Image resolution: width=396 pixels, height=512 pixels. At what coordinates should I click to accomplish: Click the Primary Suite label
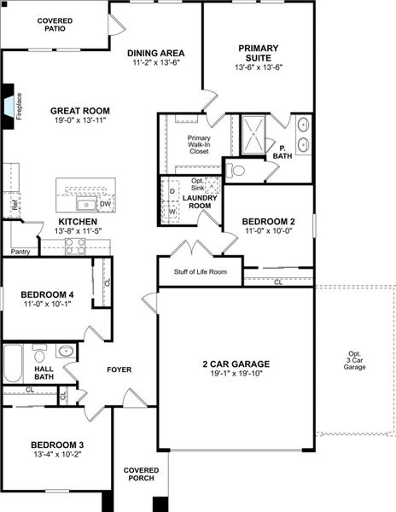[259, 53]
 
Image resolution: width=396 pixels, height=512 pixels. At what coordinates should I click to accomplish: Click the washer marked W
[172, 211]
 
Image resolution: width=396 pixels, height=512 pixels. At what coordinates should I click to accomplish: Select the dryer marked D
[172, 190]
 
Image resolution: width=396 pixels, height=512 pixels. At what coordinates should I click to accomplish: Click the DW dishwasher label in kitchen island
[106, 205]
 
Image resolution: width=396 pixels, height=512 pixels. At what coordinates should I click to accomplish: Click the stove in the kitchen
[75, 247]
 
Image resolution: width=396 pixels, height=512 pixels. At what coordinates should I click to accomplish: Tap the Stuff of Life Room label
[201, 271]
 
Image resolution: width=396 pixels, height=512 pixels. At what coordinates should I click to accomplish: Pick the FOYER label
[119, 369]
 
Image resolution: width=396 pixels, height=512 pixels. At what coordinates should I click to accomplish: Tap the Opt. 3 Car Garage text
[354, 360]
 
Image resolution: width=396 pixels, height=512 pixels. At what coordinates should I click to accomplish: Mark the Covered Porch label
[141, 474]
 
